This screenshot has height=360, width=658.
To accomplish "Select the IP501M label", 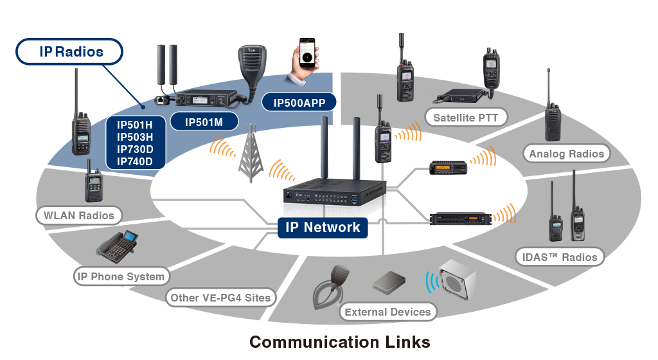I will pyautogui.click(x=203, y=122).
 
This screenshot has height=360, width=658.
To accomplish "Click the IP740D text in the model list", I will pyautogui.click(x=135, y=161).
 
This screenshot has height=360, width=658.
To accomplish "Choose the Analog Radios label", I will pyautogui.click(x=566, y=154).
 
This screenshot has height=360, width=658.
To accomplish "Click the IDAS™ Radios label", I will pyautogui.click(x=559, y=257).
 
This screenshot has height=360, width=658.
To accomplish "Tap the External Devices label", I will pyautogui.click(x=387, y=312).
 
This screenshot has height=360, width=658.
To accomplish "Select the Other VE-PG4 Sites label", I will pyautogui.click(x=221, y=298).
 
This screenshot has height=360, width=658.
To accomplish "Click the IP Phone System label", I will pyautogui.click(x=121, y=277).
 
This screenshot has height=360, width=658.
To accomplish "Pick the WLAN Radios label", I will pyautogui.click(x=78, y=215).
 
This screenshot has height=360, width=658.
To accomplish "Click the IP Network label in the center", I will pyautogui.click(x=323, y=227).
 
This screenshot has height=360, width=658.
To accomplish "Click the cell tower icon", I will pyautogui.click(x=251, y=154).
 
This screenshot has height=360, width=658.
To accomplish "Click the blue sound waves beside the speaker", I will pyautogui.click(x=431, y=282).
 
